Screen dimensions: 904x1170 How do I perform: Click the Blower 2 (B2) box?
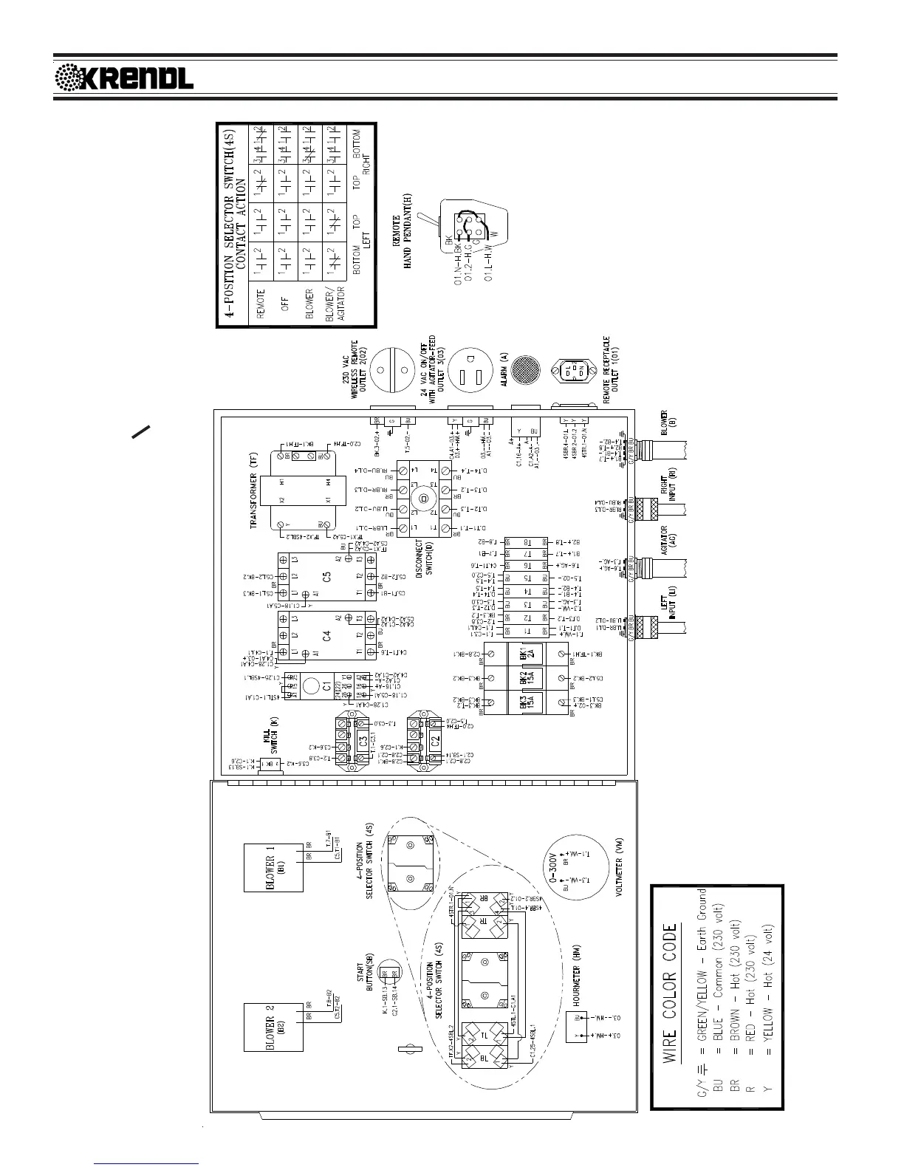(273, 1024)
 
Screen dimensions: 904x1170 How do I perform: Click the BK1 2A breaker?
(525, 654)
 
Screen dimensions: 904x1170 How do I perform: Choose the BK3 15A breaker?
(525, 702)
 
